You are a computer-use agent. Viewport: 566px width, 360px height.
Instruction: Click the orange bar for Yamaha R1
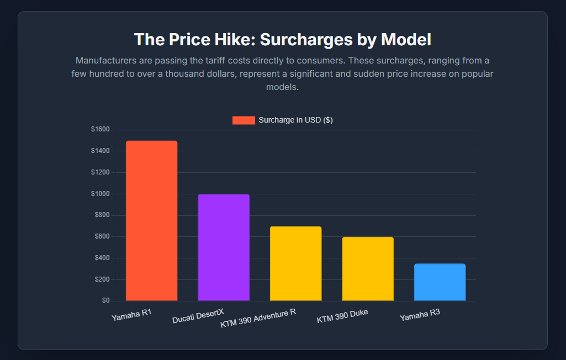click(x=151, y=221)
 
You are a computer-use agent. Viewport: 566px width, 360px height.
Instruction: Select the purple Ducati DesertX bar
click(x=224, y=247)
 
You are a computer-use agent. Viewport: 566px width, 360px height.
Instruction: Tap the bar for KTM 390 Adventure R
click(x=295, y=263)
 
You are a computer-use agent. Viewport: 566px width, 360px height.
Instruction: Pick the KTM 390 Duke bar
click(x=368, y=269)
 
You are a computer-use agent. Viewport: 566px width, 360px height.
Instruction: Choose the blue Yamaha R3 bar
click(x=440, y=282)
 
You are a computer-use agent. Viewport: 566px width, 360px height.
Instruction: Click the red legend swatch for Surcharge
click(x=244, y=120)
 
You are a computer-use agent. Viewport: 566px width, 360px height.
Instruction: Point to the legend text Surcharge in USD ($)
click(x=295, y=120)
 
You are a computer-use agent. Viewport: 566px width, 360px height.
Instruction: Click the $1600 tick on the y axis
click(x=100, y=129)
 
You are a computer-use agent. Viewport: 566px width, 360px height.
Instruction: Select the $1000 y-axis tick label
click(x=100, y=194)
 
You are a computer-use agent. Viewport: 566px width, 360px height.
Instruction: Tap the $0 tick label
click(x=105, y=301)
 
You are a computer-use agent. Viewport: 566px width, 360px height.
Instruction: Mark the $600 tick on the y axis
click(x=102, y=236)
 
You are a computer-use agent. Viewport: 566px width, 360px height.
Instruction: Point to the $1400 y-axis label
click(x=100, y=151)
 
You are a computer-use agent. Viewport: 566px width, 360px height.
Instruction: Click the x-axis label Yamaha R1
click(x=131, y=315)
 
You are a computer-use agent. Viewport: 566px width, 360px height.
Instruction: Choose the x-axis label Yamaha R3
click(x=420, y=315)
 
